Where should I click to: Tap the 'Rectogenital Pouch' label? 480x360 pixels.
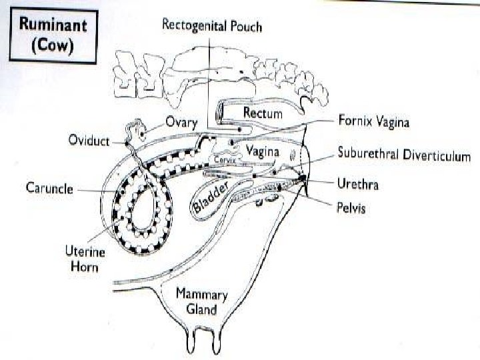[213, 27]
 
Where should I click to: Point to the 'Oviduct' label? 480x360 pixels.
[91, 141]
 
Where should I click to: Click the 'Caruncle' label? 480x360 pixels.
[50, 187]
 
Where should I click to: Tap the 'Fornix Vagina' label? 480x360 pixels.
[373, 122]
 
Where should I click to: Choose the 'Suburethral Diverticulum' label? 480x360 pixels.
[404, 156]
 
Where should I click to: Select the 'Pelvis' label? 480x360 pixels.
[351, 208]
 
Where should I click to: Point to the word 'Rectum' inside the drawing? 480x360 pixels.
[263, 113]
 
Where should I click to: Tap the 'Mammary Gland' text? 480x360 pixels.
[201, 303]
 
